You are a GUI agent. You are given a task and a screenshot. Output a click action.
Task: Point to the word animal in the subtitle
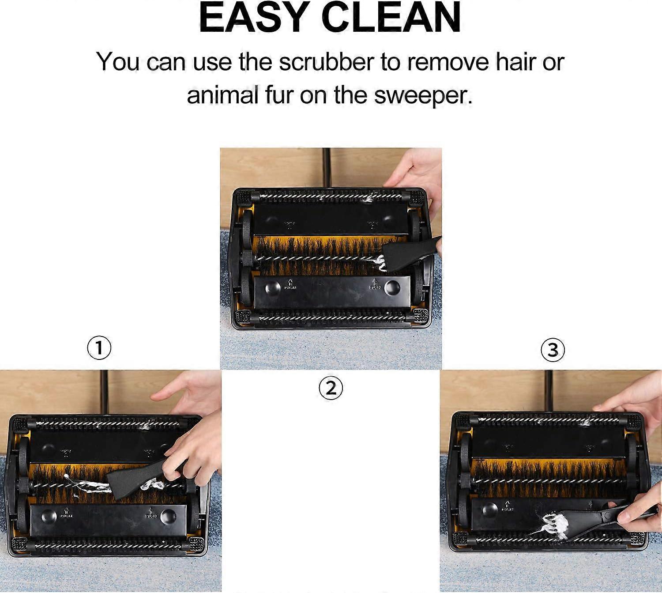(222, 95)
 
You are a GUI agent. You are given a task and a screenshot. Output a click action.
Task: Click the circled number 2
(331, 389)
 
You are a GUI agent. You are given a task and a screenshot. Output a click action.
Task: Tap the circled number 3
(553, 350)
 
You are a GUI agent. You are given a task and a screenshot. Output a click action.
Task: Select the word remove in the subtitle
(448, 62)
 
